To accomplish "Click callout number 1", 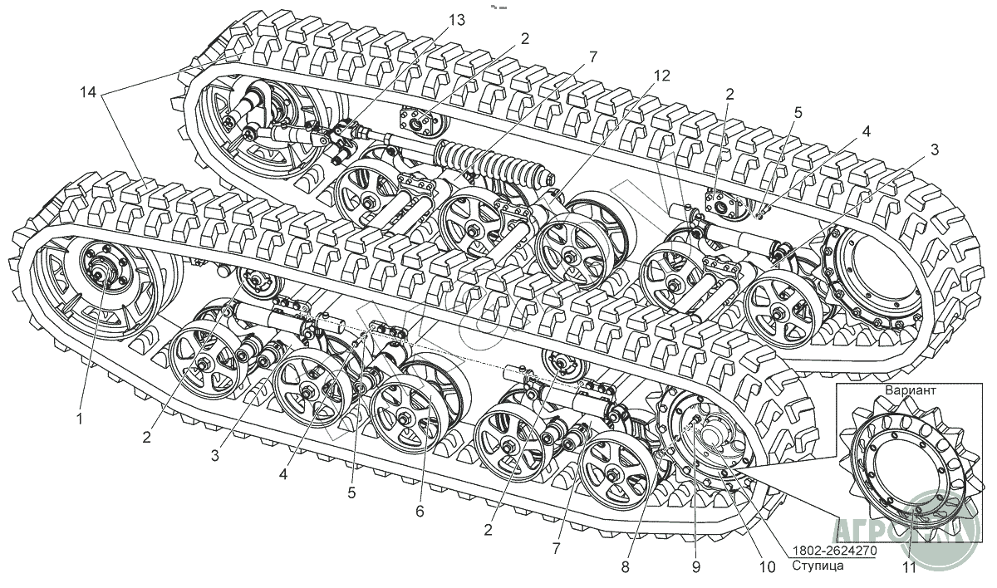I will pyautogui.click(x=80, y=419).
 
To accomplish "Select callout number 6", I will pyautogui.click(x=420, y=512).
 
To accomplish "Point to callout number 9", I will pyautogui.click(x=696, y=566).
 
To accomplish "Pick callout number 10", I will pyautogui.click(x=767, y=566).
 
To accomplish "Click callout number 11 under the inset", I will pyautogui.click(x=909, y=568).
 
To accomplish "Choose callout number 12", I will pyautogui.click(x=661, y=75).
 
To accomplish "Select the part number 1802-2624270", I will pyautogui.click(x=833, y=550).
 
